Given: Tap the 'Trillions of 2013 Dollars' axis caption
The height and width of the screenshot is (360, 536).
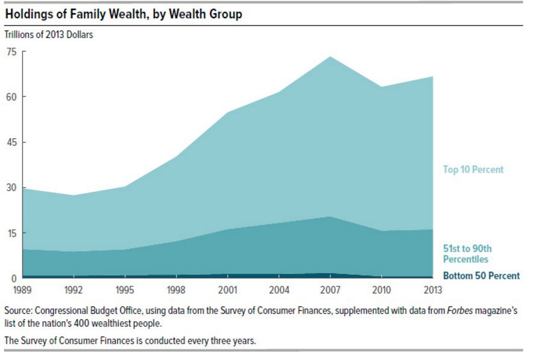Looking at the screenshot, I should (x=49, y=34).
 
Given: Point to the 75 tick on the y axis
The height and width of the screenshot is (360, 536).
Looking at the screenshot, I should (x=11, y=51).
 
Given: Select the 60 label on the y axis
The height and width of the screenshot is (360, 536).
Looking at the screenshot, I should (x=11, y=96).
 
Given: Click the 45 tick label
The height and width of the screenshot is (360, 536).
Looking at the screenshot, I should (x=11, y=142).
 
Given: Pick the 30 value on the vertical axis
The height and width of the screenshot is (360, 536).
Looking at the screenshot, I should (x=11, y=188).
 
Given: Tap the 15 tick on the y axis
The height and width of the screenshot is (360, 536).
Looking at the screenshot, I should (x=11, y=233).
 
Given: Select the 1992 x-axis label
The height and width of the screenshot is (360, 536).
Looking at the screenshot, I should (x=74, y=289).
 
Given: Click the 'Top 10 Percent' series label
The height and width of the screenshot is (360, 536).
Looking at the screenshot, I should (x=473, y=170).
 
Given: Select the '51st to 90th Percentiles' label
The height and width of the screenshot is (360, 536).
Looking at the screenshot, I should (x=468, y=254).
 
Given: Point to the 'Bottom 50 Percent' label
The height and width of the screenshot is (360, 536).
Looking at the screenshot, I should (x=481, y=276).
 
